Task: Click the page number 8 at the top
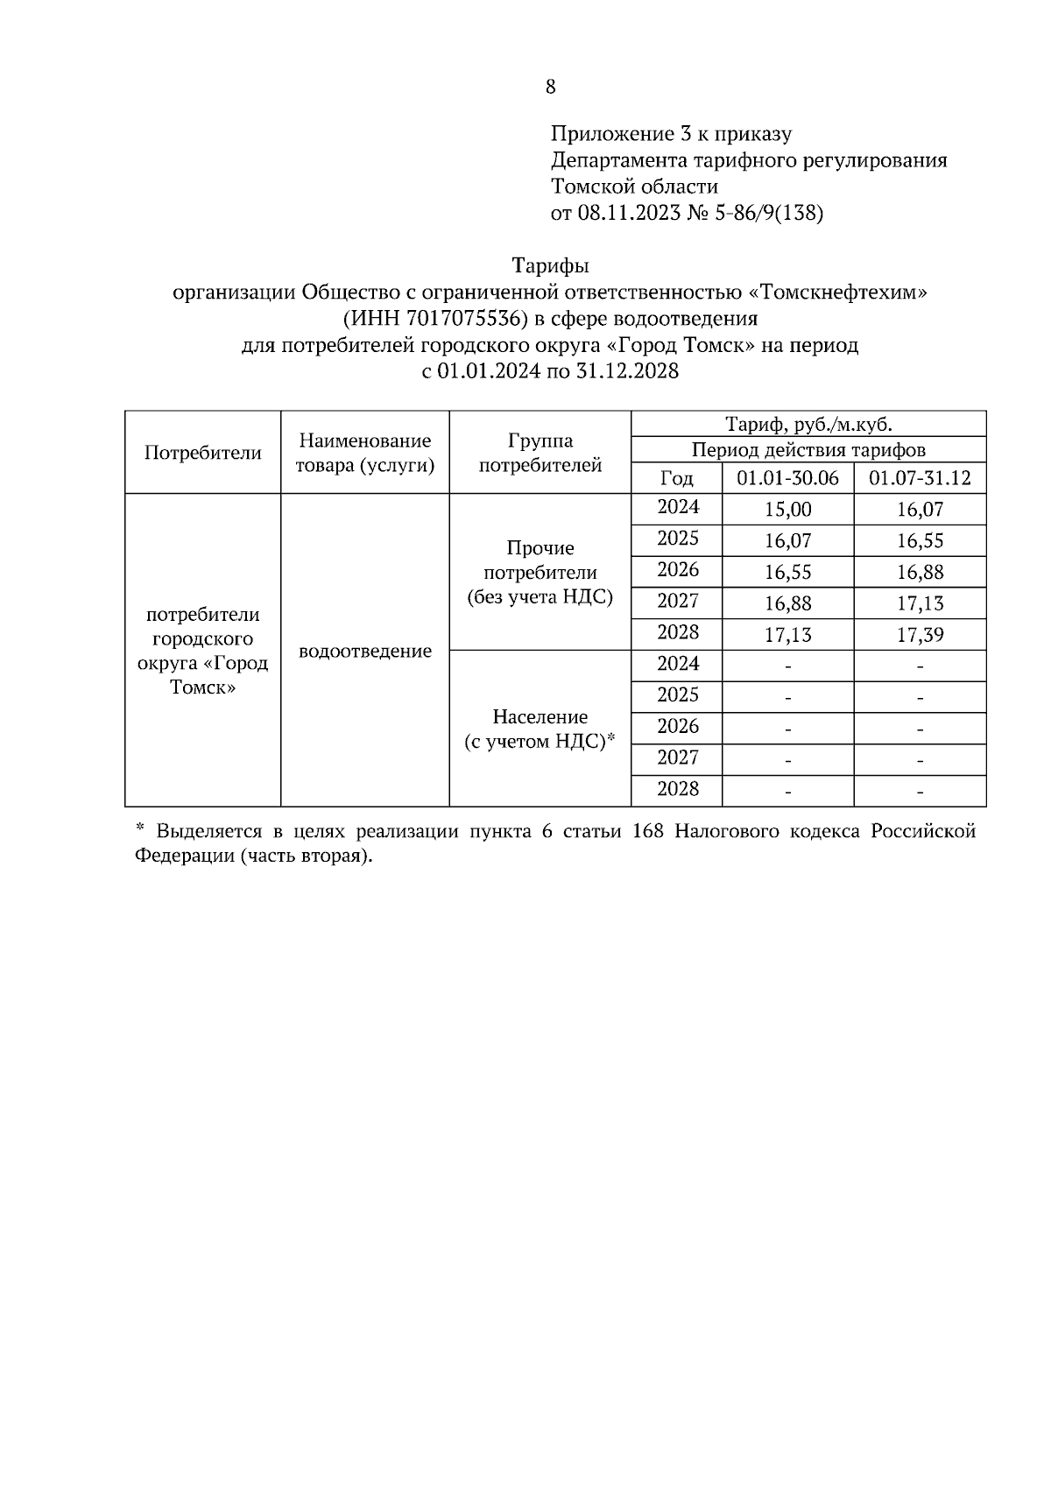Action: tap(550, 87)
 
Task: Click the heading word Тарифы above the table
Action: tap(550, 265)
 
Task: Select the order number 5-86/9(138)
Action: tap(769, 213)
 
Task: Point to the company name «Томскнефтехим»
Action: tap(839, 292)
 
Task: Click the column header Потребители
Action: tap(202, 453)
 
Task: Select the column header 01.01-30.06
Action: tap(787, 478)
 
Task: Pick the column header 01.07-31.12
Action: tap(920, 478)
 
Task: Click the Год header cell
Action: tap(676, 478)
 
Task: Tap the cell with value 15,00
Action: tap(787, 510)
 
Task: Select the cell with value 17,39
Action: tap(920, 635)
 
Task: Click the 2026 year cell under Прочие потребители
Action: tap(678, 570)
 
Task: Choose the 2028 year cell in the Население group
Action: tap(678, 789)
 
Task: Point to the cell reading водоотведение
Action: tap(364, 652)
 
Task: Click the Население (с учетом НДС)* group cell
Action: tap(540, 729)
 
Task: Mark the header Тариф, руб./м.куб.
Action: tap(808, 425)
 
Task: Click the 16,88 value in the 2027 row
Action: tap(787, 603)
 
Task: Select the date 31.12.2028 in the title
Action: tap(627, 371)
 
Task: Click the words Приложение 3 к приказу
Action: tap(671, 134)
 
